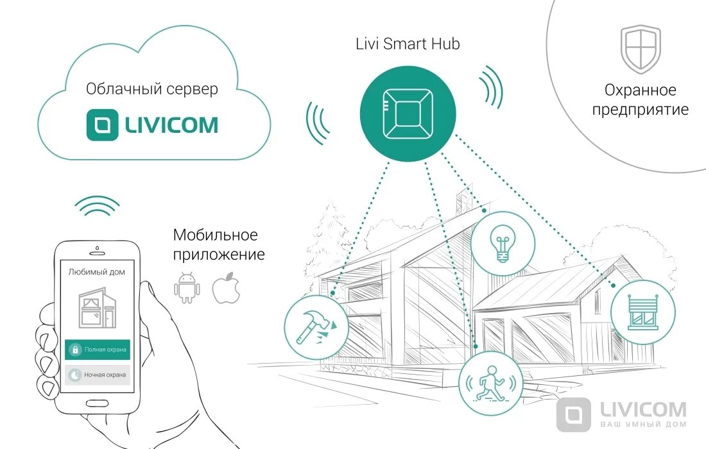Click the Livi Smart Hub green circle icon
coord(407,115)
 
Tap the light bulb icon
coord(503,243)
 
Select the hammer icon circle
coord(316,327)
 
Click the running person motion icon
coord(490,384)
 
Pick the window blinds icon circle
coord(642,312)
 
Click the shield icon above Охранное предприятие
coord(640,49)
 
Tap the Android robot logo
coord(187,287)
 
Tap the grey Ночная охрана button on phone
coord(98,375)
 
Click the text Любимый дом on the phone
coord(96,272)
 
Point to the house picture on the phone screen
coord(96,307)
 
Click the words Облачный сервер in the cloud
coord(152,89)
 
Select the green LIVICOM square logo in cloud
coord(103,124)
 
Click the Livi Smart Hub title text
coord(408,44)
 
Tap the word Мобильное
coord(215,235)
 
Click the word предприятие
coord(640,110)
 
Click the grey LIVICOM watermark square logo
coord(573,414)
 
